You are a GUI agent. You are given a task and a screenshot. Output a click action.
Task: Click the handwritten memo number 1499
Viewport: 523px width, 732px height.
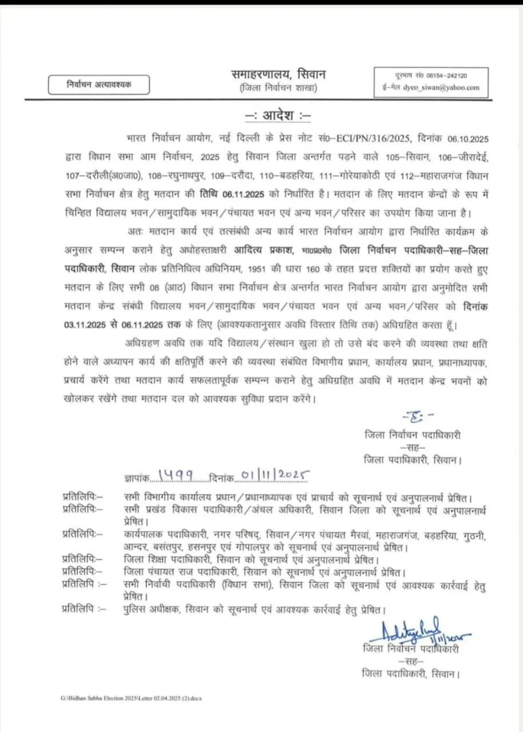coord(175,475)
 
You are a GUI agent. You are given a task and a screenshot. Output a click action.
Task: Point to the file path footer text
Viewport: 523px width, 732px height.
coord(132,698)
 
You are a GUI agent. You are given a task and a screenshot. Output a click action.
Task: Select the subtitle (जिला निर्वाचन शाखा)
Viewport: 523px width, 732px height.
coord(278,87)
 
